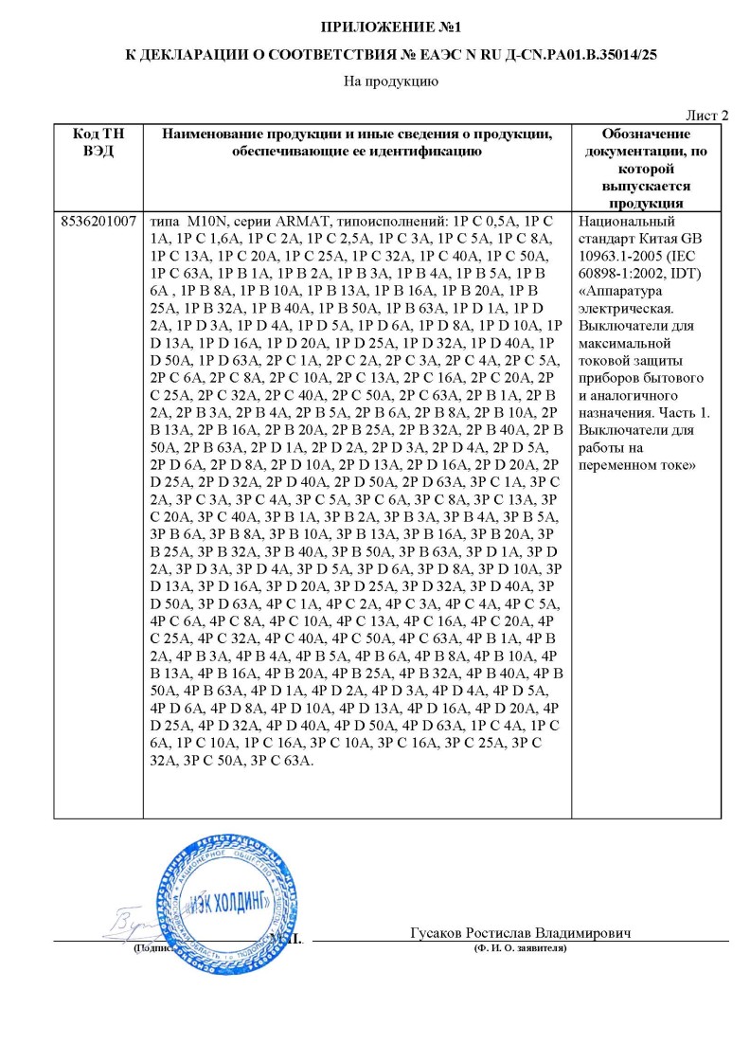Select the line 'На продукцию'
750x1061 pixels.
tap(376, 82)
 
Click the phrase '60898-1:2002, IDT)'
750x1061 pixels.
tap(640, 273)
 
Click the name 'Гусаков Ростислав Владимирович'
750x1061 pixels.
tap(521, 933)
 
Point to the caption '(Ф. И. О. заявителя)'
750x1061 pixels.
tap(520, 948)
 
